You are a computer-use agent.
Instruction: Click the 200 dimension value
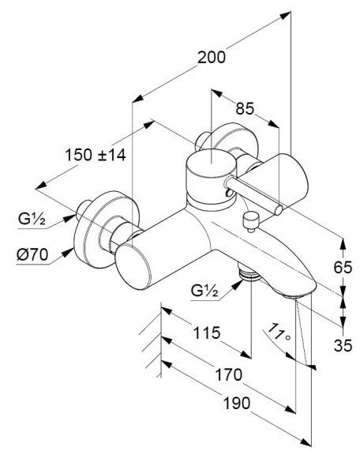tap(212, 57)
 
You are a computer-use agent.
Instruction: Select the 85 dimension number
tap(245, 109)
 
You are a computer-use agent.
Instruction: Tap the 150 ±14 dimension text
tap(96, 155)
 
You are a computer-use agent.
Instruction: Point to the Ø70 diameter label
tap(32, 254)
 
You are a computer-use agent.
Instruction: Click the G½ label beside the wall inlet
tap(32, 220)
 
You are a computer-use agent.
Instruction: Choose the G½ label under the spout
tap(204, 291)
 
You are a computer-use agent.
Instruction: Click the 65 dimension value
tap(343, 268)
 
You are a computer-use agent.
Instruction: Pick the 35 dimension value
tap(343, 345)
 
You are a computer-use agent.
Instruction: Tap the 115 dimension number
tap(207, 333)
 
